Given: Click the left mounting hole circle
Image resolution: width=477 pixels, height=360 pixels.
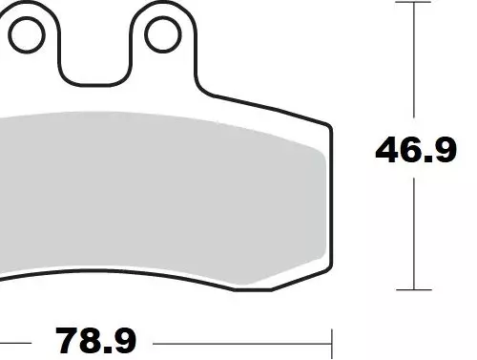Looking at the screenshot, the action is (x=10, y=35).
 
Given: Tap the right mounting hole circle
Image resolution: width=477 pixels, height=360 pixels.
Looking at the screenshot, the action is (x=146, y=34).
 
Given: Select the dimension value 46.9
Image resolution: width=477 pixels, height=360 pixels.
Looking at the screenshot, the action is (x=416, y=150).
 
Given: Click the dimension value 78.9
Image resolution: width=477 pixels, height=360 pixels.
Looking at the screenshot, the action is (x=95, y=341).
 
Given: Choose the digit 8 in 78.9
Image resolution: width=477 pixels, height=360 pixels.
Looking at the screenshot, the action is (x=92, y=341).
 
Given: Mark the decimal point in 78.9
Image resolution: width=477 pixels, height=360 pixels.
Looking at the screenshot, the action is (x=109, y=349).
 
